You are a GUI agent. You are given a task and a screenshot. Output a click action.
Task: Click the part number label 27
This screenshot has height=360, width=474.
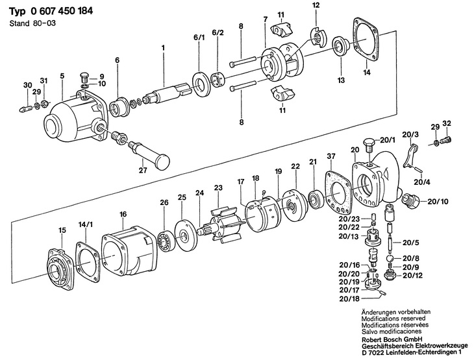pos(143,171)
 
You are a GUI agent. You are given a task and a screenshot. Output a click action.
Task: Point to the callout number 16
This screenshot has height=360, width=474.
pos(123,215)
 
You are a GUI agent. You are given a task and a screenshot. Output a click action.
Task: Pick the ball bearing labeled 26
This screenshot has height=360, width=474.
pos(165,237)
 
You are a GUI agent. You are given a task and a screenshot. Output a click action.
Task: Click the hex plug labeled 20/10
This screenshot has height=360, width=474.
pos(410,200)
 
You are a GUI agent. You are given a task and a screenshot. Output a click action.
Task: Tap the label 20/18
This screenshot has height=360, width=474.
pos(349,299)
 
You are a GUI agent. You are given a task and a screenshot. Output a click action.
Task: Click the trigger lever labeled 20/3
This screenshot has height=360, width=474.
pos(410,156)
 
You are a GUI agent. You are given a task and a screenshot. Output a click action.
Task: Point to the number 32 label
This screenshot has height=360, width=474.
pos(447,123)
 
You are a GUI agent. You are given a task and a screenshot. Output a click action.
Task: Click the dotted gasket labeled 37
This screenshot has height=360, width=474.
pos(337,193)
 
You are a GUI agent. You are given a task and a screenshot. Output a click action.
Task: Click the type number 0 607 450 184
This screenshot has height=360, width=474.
pos(62,11)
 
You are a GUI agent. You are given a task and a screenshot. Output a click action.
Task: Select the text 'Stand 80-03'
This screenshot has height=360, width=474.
pos(32,23)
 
